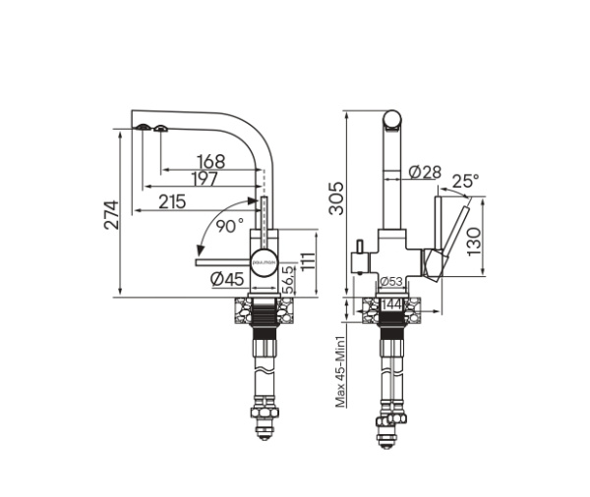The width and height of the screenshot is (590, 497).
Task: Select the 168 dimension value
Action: (x=210, y=161)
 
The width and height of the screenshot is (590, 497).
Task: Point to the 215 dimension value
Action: (x=172, y=201)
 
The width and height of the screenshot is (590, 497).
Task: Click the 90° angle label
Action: (x=230, y=225)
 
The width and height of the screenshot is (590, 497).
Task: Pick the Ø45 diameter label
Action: (x=226, y=279)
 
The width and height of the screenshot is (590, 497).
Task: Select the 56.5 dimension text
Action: (x=287, y=279)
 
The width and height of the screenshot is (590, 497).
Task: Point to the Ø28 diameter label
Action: (x=424, y=172)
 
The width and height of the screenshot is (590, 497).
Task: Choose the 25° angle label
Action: (x=465, y=181)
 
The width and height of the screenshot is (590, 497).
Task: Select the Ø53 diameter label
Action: (x=389, y=283)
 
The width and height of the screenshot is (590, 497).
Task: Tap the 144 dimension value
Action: (x=391, y=306)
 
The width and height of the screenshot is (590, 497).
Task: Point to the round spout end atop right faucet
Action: (x=391, y=122)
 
